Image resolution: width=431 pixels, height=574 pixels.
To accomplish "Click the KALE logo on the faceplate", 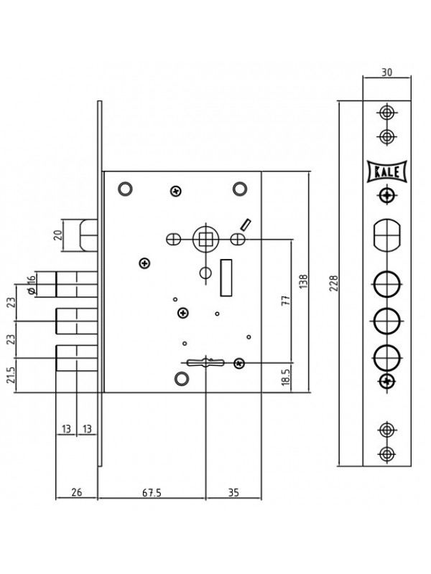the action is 387,171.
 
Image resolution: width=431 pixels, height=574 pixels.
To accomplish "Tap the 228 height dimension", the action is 334,283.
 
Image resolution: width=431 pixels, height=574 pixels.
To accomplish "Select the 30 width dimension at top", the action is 386,72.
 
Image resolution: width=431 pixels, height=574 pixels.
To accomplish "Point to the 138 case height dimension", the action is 304,281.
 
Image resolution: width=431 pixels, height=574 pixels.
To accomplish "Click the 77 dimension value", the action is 286,300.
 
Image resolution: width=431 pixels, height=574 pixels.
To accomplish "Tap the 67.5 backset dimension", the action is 152,492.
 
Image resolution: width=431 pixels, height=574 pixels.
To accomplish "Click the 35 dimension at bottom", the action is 233,492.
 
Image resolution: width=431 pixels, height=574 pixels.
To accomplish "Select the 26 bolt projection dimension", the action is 77,492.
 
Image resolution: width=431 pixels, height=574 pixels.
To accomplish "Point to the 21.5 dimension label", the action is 12,375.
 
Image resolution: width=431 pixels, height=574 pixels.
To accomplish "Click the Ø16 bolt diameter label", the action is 32,284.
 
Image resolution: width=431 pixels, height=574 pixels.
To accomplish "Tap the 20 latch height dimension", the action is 58,235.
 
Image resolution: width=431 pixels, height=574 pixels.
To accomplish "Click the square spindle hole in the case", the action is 205,240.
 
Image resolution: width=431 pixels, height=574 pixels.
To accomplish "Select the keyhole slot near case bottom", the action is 205,362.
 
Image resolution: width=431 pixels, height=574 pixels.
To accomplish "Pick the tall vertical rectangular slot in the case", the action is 226,278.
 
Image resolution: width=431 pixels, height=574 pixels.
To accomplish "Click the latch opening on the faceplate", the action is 386,235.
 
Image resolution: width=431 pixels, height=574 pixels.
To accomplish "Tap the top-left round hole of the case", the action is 125,189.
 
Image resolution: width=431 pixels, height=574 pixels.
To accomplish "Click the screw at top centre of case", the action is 176,191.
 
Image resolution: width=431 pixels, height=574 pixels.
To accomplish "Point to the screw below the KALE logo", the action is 386,195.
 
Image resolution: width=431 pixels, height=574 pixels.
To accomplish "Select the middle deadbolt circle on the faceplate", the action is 386,321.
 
